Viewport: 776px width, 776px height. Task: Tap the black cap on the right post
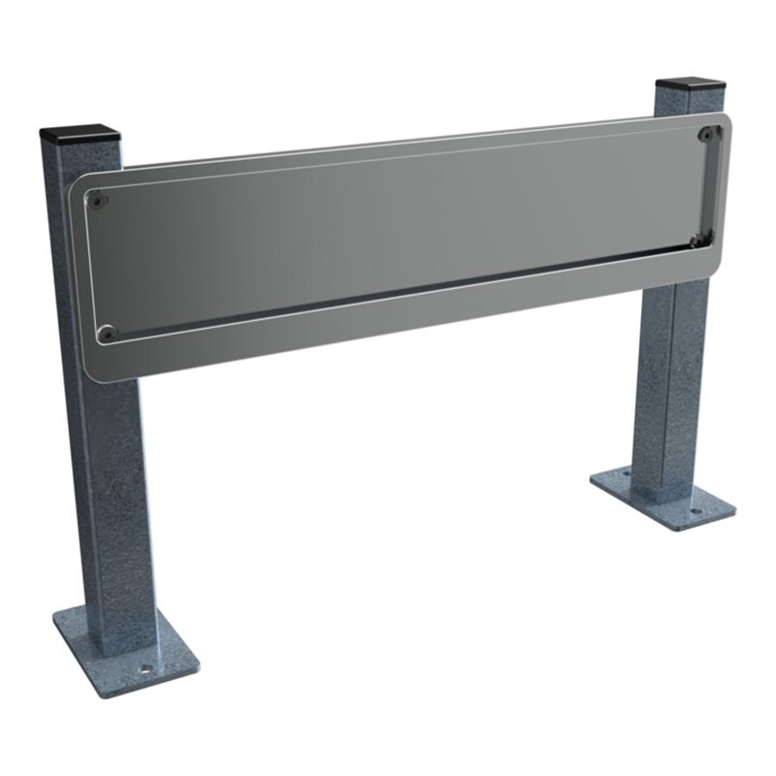coord(691,84)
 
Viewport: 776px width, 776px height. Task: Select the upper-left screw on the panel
coord(97,201)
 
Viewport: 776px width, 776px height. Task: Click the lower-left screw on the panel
coord(108,333)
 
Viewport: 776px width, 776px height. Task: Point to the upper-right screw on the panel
coord(707,134)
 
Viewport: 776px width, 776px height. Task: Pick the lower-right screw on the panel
coord(696,241)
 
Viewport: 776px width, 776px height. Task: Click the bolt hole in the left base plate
coord(145,668)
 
